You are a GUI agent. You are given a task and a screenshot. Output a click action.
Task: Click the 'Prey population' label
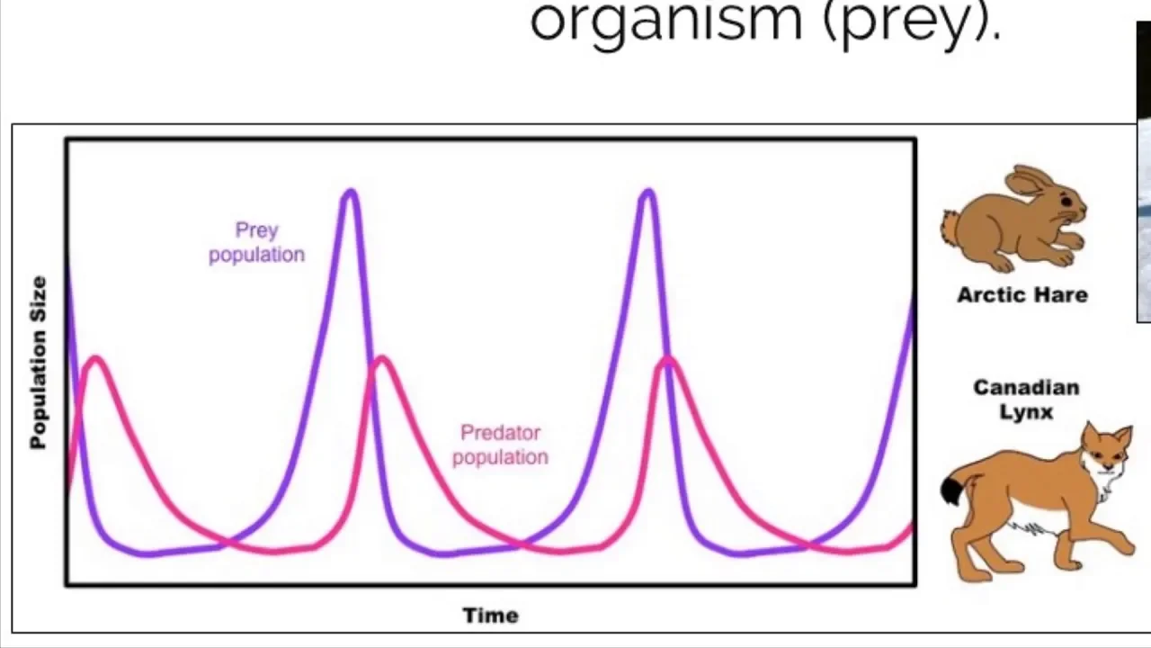pyautogui.click(x=256, y=242)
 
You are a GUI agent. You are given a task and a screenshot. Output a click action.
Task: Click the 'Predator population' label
pyautogui.click(x=500, y=445)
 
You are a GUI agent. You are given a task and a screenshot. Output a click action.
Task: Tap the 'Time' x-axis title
pyautogui.click(x=490, y=616)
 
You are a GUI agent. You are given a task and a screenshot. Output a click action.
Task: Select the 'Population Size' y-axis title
pyautogui.click(x=39, y=363)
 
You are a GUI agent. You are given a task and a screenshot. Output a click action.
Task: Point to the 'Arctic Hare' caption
pyautogui.click(x=1022, y=295)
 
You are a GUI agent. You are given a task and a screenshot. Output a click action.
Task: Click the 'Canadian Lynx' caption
pyautogui.click(x=1026, y=400)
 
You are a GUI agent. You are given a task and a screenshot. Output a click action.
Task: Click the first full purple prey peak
pyautogui.click(x=350, y=192)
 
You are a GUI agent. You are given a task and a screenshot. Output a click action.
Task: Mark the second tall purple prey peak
pyautogui.click(x=647, y=192)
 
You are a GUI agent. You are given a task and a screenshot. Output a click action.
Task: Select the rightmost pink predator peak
pyautogui.click(x=666, y=361)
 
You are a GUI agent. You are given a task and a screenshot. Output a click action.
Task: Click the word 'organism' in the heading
pyautogui.click(x=665, y=22)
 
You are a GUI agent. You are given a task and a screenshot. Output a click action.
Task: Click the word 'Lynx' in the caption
pyautogui.click(x=1025, y=412)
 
